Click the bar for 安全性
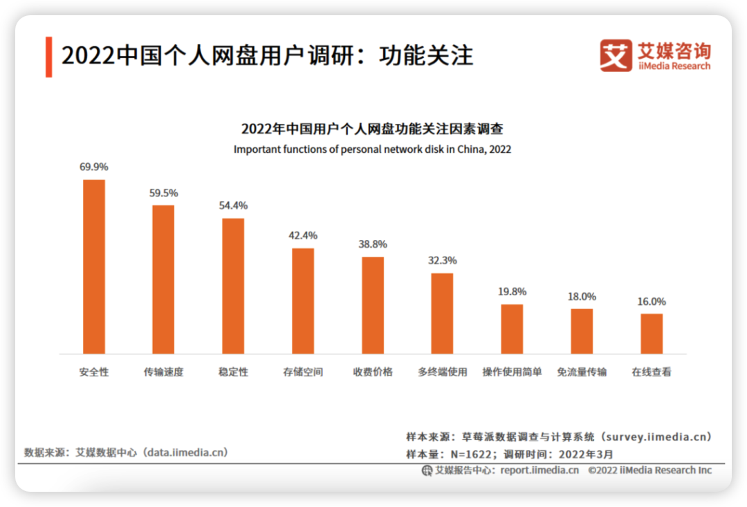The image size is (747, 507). click(94, 267)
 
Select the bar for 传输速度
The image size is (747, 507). click(163, 279)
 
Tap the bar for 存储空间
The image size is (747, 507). click(303, 301)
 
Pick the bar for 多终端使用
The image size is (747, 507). click(442, 313)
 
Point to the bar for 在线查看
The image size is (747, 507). click(652, 333)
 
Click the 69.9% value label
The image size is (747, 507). click(94, 167)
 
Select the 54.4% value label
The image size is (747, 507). click(233, 206)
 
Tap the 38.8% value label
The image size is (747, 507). click(373, 245)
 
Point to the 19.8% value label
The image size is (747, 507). click(512, 292)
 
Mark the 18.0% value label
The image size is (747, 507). click(582, 297)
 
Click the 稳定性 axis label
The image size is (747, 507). click(233, 372)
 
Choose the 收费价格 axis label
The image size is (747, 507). click(373, 372)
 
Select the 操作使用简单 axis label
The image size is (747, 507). click(512, 372)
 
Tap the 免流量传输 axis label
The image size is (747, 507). click(582, 372)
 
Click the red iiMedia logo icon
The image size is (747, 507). click(616, 55)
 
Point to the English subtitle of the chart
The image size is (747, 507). click(372, 149)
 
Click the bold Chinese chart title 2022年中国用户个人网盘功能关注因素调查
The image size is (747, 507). click(372, 129)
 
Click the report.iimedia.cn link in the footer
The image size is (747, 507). click(539, 470)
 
